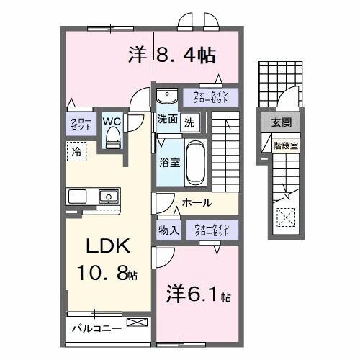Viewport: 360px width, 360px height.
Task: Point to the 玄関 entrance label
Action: pyautogui.click(x=282, y=123)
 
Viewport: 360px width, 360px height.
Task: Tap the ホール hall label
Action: pyautogui.click(x=197, y=203)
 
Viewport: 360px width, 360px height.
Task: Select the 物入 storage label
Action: pyautogui.click(x=169, y=230)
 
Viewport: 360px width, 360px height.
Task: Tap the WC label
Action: pyautogui.click(x=112, y=120)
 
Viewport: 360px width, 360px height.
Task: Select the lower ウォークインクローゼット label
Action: pyautogui.click(x=211, y=230)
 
